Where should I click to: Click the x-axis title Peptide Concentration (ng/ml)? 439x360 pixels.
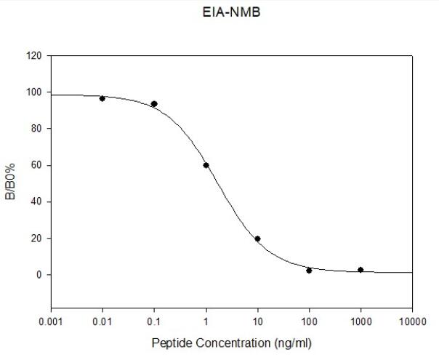(x=232, y=342)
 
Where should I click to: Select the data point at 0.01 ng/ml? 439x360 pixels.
(x=102, y=98)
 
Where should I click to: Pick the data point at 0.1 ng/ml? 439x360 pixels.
(x=154, y=104)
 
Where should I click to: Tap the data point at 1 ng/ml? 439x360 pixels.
(x=206, y=165)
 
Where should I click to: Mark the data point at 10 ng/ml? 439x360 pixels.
(x=257, y=239)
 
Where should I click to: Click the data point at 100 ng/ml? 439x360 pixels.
(x=309, y=271)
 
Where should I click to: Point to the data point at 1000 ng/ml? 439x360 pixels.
(x=361, y=270)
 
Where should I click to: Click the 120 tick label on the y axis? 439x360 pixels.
(x=35, y=56)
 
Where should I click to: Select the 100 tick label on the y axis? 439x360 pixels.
(x=35, y=92)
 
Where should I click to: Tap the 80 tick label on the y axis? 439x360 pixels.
(x=37, y=129)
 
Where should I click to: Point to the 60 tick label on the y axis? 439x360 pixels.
(x=37, y=165)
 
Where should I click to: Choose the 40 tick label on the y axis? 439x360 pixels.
(x=37, y=201)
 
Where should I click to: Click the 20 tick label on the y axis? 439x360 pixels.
(x=37, y=238)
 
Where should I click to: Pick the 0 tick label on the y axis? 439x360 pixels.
(x=40, y=274)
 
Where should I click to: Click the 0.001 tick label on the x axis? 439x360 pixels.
(x=51, y=320)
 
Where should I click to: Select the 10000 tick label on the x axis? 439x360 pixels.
(x=411, y=320)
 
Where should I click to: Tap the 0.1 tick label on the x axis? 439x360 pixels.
(x=154, y=320)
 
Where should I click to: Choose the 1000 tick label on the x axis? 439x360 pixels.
(x=361, y=320)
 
